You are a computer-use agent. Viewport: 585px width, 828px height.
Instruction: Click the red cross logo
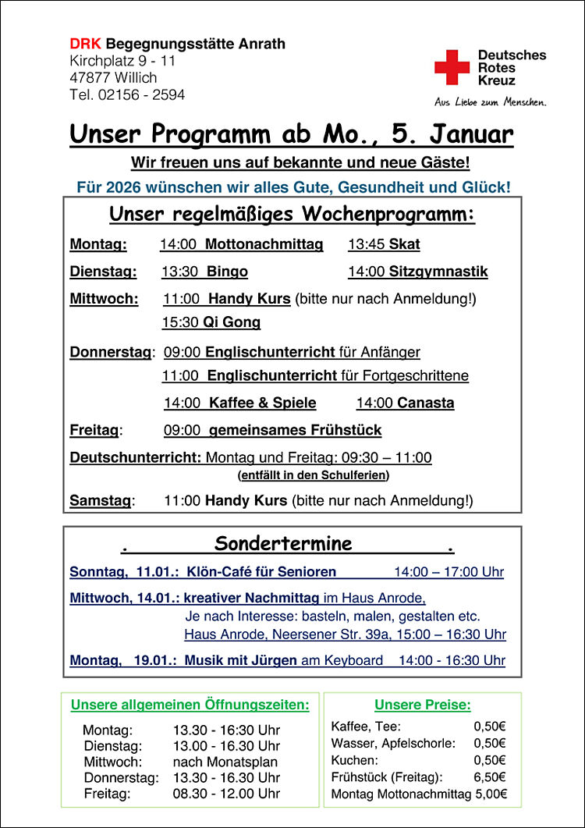[x=452, y=67]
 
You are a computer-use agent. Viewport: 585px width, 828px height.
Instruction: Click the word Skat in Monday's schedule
[x=404, y=244]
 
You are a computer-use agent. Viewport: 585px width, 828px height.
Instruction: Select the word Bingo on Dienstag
[x=227, y=272]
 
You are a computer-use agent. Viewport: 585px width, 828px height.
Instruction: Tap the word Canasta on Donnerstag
[x=425, y=403]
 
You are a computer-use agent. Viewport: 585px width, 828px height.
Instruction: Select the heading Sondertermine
[x=283, y=543]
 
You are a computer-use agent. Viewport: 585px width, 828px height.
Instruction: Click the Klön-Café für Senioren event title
[x=261, y=572]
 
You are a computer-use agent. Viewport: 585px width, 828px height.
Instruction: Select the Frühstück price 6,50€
[x=490, y=776]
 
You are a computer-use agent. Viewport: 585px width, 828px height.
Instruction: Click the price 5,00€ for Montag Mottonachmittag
[x=491, y=794]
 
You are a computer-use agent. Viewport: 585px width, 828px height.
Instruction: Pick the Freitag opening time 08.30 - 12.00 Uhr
[x=226, y=794]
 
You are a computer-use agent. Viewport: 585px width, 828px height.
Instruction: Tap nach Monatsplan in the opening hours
[x=225, y=762]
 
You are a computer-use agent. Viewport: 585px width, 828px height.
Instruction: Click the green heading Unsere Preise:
[x=423, y=705]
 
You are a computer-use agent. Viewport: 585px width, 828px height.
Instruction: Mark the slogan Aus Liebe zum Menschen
[x=491, y=102]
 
